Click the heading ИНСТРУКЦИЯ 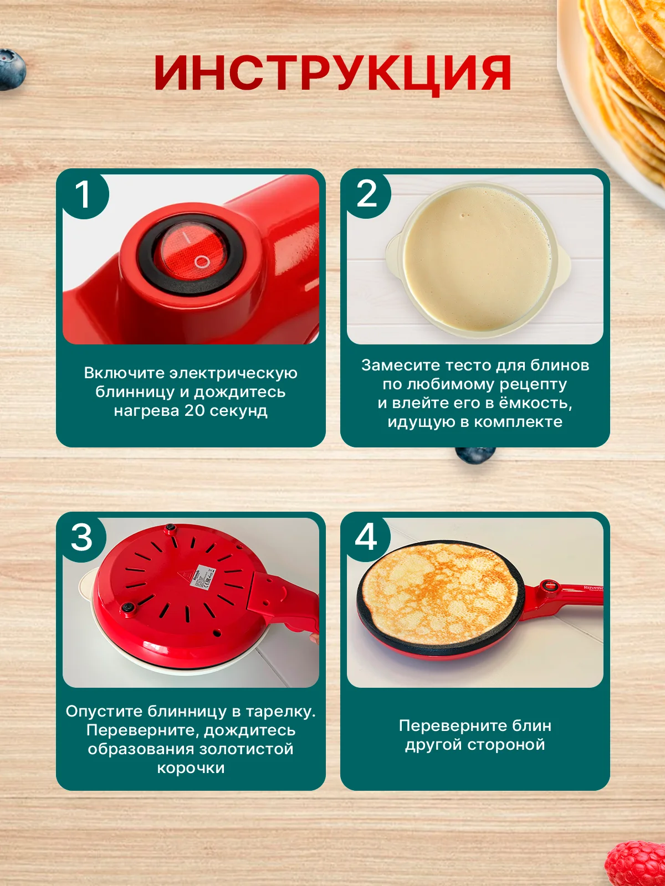pyautogui.click(x=332, y=74)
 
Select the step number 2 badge pyautogui.click(x=366, y=194)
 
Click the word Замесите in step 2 pyautogui.click(x=401, y=365)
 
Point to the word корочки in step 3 pyautogui.click(x=191, y=767)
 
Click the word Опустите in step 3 pyautogui.click(x=104, y=711)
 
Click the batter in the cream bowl pyautogui.click(x=477, y=260)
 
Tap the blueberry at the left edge pyautogui.click(x=11, y=69)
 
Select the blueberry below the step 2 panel pyautogui.click(x=475, y=455)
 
